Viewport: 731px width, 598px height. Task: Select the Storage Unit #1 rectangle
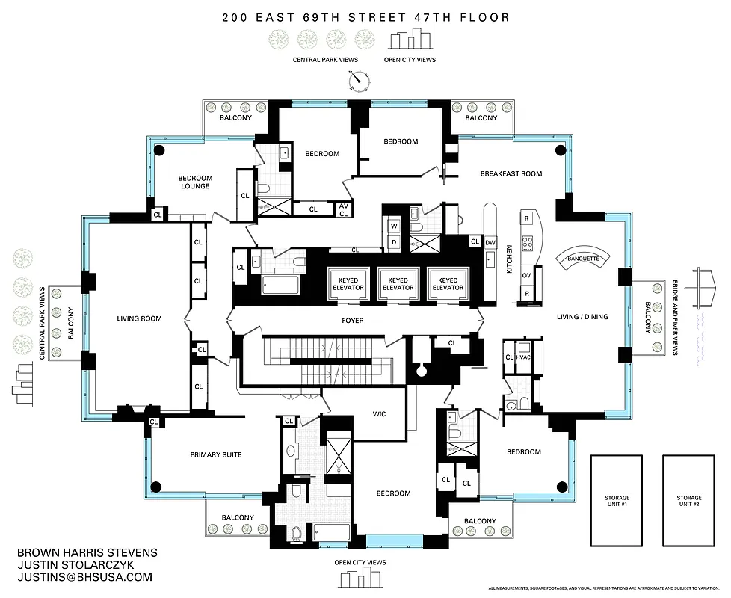pos(617,501)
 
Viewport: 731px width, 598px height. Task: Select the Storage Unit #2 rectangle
pos(688,501)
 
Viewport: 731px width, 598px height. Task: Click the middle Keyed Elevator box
pos(398,283)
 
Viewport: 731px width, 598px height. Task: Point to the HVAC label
pos(523,357)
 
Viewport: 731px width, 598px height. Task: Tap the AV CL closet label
pos(344,209)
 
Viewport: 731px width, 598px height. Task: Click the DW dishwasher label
pos(490,242)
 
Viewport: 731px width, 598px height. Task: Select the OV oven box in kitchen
pos(526,274)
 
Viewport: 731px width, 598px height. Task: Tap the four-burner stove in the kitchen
pos(526,243)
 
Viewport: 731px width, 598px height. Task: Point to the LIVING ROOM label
pos(139,318)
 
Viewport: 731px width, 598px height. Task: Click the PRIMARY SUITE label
pos(215,454)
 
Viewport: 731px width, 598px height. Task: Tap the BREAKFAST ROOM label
pos(511,173)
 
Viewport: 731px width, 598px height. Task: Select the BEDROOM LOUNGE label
pos(194,182)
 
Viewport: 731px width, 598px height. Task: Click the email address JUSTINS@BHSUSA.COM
pos(84,577)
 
